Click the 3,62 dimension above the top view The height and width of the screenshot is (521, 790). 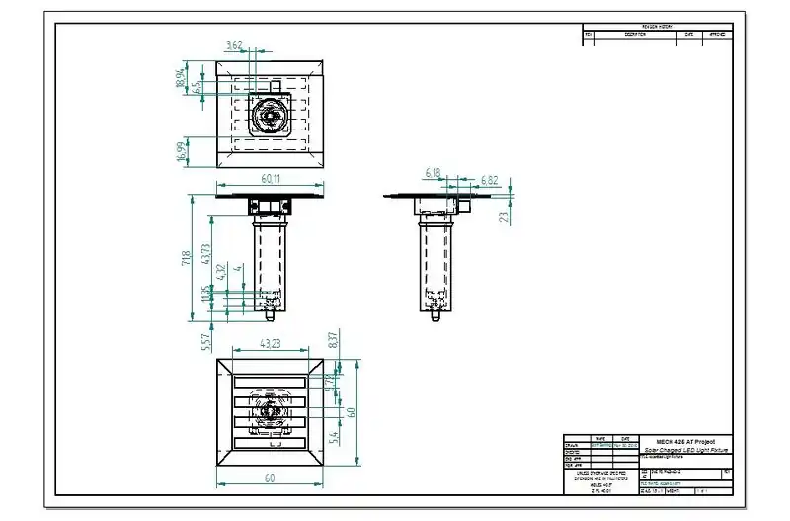234,45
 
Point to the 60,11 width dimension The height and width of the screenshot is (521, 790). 270,179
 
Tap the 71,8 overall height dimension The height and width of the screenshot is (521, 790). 185,259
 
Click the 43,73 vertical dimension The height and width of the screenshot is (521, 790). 205,253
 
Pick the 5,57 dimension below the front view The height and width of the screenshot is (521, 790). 205,340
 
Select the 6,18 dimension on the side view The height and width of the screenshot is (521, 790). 433,173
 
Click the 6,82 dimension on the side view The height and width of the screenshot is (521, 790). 489,180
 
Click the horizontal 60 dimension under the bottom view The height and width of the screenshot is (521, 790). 270,478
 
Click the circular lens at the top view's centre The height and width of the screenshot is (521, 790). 269,116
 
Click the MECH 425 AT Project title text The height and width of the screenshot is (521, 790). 684,441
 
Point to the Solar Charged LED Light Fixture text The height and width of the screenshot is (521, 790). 684,450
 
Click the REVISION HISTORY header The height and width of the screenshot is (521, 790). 658,27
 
